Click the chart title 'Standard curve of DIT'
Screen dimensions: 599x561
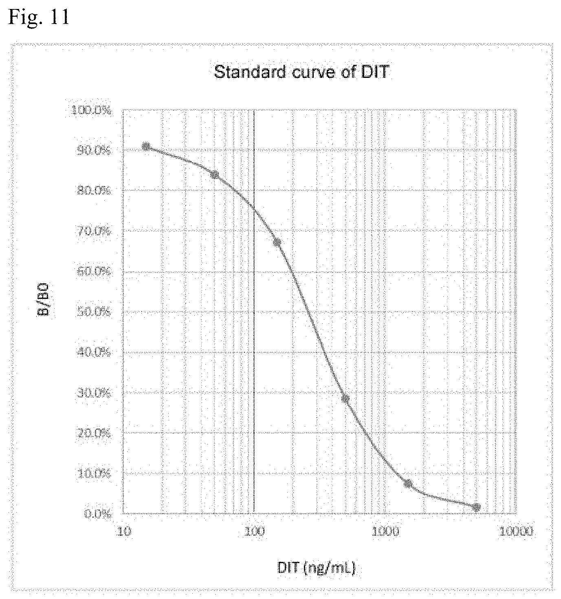pyautogui.click(x=301, y=73)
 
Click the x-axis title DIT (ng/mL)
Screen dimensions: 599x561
pyautogui.click(x=317, y=567)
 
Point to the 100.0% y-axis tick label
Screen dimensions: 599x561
pyautogui.click(x=91, y=110)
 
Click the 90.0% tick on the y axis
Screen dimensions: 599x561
pyautogui.click(x=93, y=150)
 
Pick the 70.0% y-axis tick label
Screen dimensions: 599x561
pyautogui.click(x=93, y=231)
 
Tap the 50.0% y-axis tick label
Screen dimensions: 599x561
pyautogui.click(x=93, y=312)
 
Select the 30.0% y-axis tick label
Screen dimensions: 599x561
pyautogui.click(x=93, y=393)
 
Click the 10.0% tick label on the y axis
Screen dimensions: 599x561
pyautogui.click(x=93, y=473)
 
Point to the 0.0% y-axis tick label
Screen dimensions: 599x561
pyautogui.click(x=97, y=514)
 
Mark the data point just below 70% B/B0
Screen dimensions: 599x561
pyautogui.click(x=277, y=243)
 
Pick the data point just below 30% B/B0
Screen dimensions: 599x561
pyautogui.click(x=345, y=399)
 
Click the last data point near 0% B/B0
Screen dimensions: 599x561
pyautogui.click(x=476, y=507)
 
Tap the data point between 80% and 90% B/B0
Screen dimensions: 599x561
pyautogui.click(x=215, y=175)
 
